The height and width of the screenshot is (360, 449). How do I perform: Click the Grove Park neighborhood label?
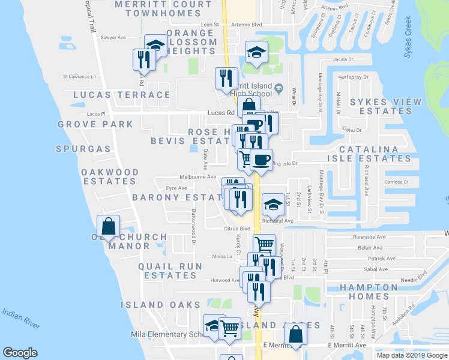point(95,124)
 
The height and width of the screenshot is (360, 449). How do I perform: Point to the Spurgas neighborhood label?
point(83,148)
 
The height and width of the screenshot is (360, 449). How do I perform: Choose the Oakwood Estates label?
point(110,176)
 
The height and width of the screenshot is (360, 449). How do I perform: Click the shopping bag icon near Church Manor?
point(108,227)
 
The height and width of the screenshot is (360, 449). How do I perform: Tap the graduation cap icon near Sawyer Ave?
point(156,45)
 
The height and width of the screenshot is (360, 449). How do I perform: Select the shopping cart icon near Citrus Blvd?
point(264,244)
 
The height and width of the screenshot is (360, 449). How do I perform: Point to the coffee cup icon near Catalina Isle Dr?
point(261,160)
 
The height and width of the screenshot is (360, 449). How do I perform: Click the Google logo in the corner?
point(20,353)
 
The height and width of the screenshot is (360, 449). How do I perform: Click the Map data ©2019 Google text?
point(412,355)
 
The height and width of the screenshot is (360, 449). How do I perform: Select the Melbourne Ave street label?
point(198,177)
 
